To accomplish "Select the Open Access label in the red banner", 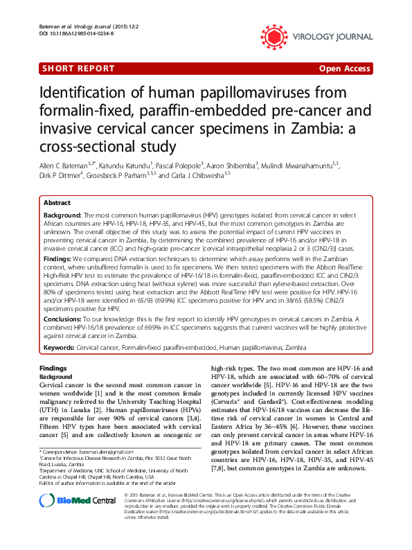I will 345,69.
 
